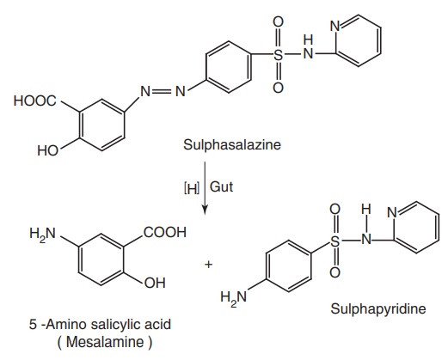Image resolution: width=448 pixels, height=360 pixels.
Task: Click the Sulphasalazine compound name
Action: [232, 145]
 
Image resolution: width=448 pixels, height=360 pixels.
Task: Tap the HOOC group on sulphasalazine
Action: [35, 101]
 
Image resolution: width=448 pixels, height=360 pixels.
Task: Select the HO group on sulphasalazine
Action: [48, 150]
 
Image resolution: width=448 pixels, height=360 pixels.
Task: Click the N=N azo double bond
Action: [163, 92]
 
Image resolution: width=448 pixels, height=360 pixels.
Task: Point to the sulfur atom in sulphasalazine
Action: [278, 54]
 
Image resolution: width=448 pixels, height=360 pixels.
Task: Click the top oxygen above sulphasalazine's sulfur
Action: [278, 21]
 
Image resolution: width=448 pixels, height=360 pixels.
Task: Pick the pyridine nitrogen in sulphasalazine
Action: [335, 27]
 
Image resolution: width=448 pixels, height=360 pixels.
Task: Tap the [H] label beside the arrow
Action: [191, 188]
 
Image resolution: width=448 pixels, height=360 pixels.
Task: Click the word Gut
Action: [221, 187]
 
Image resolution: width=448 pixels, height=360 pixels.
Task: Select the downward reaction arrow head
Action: [205, 210]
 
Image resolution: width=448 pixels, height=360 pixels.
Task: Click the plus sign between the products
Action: [209, 264]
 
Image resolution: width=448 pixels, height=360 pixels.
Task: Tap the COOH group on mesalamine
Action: [165, 232]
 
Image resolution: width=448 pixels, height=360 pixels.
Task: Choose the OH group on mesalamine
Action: [155, 283]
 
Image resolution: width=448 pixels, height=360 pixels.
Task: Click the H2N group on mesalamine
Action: [43, 234]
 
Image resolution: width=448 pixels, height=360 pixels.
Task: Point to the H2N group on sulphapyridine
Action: [234, 297]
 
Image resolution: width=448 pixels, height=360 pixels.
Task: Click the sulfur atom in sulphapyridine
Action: [334, 241]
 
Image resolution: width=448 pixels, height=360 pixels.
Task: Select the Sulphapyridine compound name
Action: [378, 309]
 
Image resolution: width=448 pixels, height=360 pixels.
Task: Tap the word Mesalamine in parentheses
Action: [105, 342]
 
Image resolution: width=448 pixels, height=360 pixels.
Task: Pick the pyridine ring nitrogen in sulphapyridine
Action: [392, 213]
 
